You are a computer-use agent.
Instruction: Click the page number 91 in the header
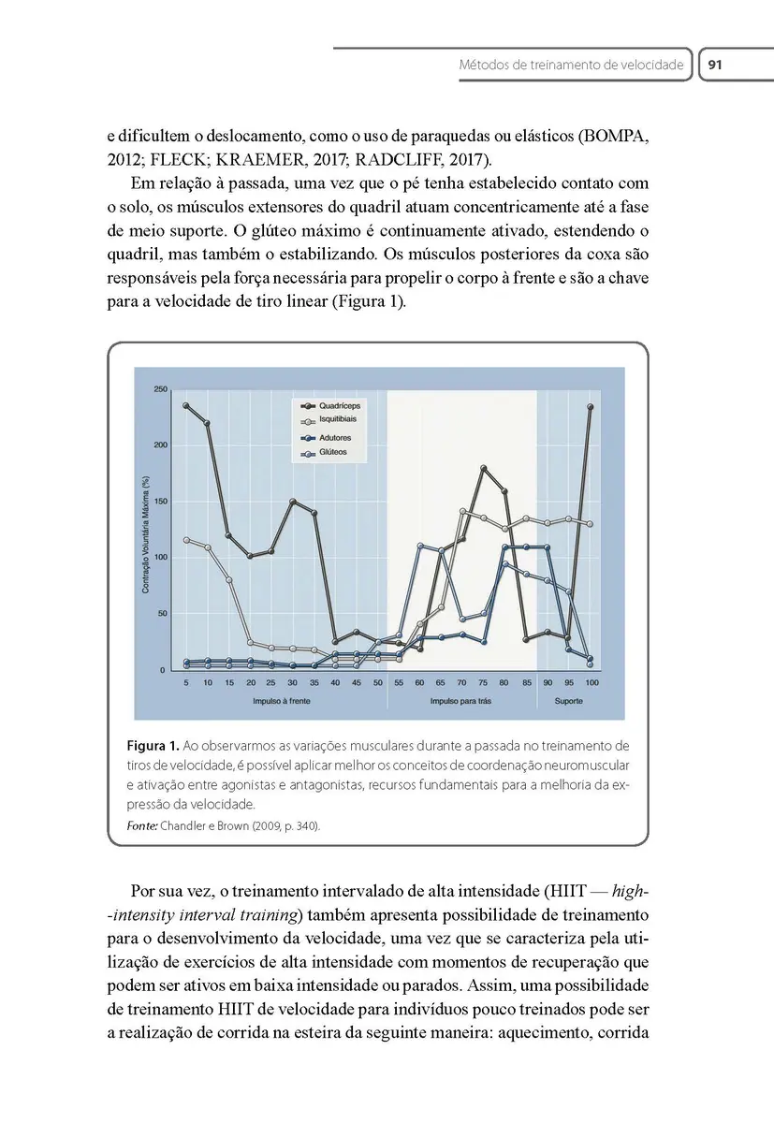coord(716,66)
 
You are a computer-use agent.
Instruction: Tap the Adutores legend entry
coord(334,437)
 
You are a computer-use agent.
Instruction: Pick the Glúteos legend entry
coord(333,452)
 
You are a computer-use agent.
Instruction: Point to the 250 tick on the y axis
coord(161,389)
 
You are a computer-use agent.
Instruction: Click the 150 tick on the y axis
coord(161,502)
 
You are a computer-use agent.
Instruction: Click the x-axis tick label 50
coord(377,684)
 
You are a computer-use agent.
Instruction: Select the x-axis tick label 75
coord(483,684)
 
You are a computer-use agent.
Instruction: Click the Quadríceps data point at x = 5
coord(186,406)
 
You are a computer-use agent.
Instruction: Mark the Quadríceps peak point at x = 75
coord(484,468)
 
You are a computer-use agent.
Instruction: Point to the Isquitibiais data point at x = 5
coord(186,540)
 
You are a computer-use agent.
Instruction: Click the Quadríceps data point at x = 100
coord(591,407)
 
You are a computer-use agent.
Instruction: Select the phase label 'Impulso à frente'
coord(282,700)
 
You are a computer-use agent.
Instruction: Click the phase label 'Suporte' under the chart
coord(569,700)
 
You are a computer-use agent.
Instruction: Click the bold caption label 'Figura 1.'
coord(153,746)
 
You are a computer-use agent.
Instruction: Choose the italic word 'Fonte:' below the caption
coord(142,825)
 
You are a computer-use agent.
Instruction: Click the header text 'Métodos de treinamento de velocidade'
coord(571,66)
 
